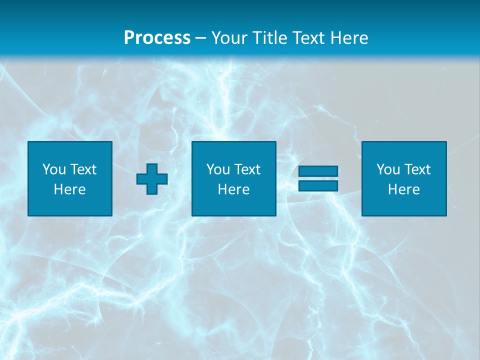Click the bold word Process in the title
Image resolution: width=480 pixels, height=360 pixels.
point(157,38)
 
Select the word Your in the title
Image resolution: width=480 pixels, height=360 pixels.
point(228,38)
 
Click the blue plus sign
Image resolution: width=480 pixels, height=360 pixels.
point(152,178)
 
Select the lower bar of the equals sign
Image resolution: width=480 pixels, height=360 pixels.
point(318,185)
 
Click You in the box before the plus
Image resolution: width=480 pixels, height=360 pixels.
point(53,169)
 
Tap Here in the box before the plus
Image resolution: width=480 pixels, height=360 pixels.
point(69,189)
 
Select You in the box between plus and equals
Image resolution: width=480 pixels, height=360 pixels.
point(218,169)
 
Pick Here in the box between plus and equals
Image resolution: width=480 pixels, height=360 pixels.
point(233,189)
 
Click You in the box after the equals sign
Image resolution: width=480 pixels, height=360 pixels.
point(388,169)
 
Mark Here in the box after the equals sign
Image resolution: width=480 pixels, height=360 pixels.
point(403,189)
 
